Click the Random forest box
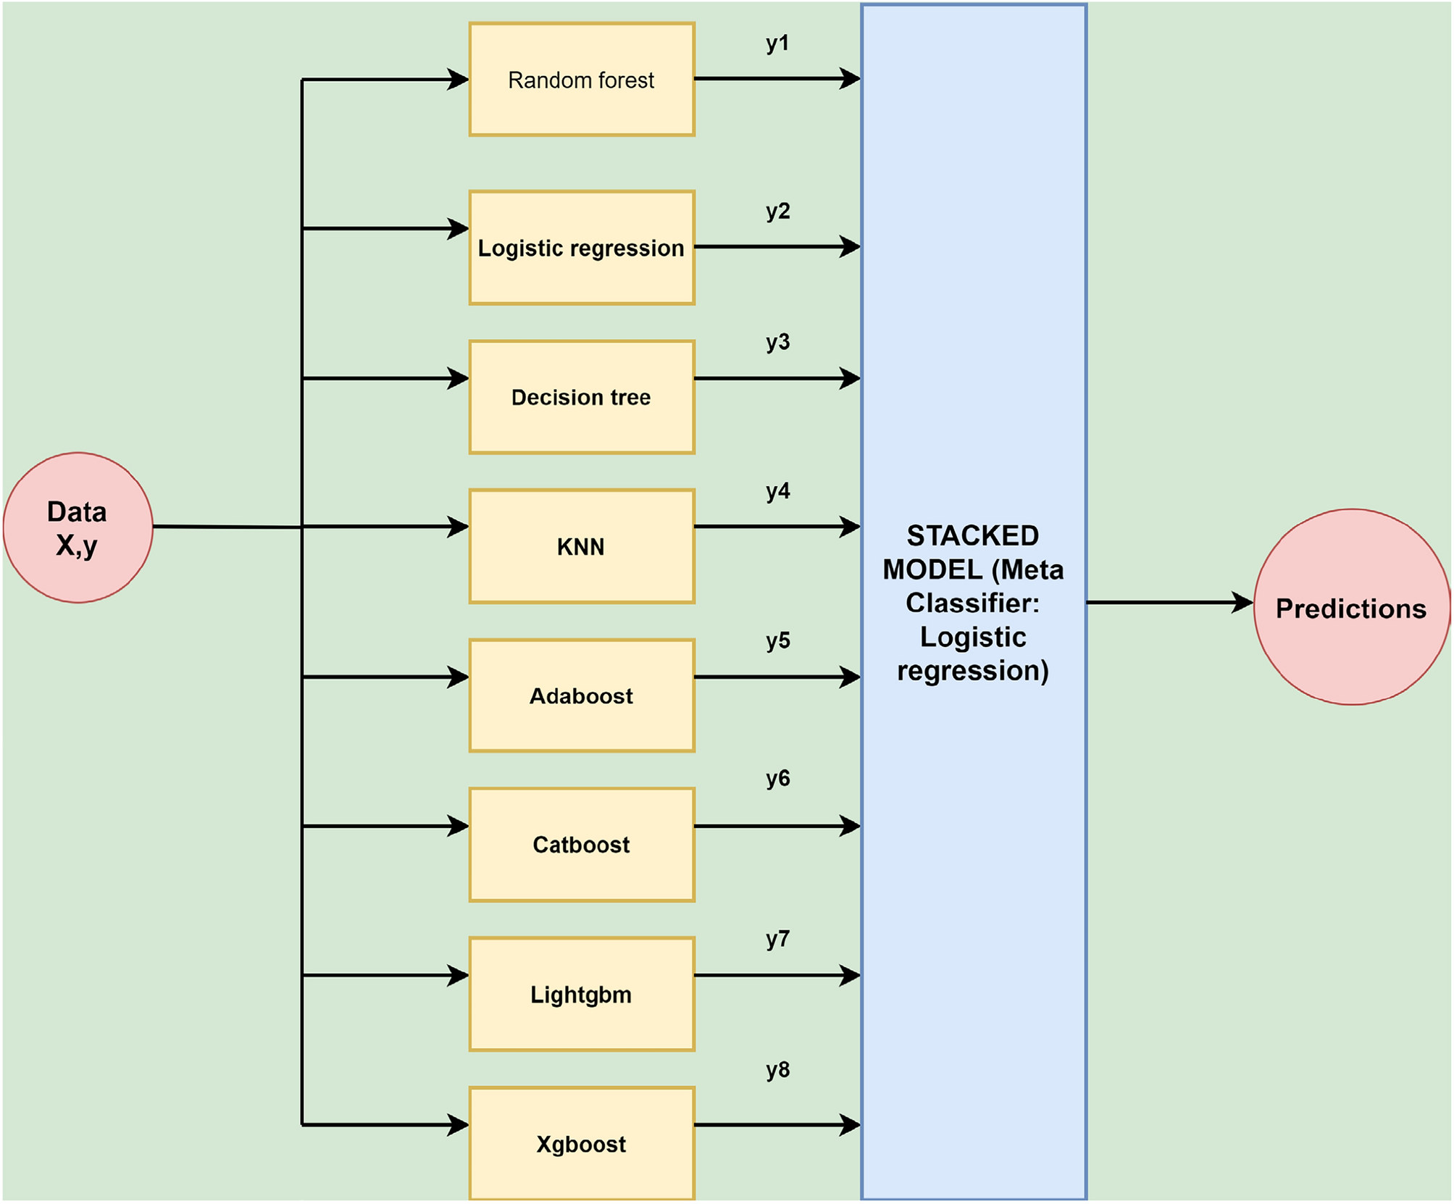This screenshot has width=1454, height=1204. point(581,80)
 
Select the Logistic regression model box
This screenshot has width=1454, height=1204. point(581,248)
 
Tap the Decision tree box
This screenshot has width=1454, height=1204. point(581,397)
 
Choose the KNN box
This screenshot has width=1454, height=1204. point(581,546)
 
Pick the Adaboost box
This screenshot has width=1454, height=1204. point(581,695)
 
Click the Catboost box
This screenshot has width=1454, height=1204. point(581,845)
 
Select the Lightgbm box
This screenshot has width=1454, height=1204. point(581,994)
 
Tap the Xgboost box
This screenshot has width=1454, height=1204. point(581,1143)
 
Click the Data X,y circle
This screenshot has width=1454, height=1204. point(78,527)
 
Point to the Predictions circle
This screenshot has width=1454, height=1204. point(1351,607)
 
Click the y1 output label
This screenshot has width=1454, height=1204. point(777,43)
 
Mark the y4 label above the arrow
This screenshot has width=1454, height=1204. point(777,491)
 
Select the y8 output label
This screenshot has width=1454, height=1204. point(777,1070)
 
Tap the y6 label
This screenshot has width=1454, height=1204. point(777,778)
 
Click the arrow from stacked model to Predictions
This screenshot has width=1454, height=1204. point(1166,602)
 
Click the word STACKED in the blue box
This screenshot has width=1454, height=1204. point(972,536)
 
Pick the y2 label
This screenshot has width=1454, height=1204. point(777,212)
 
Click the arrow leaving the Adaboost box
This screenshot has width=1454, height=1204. point(775,677)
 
